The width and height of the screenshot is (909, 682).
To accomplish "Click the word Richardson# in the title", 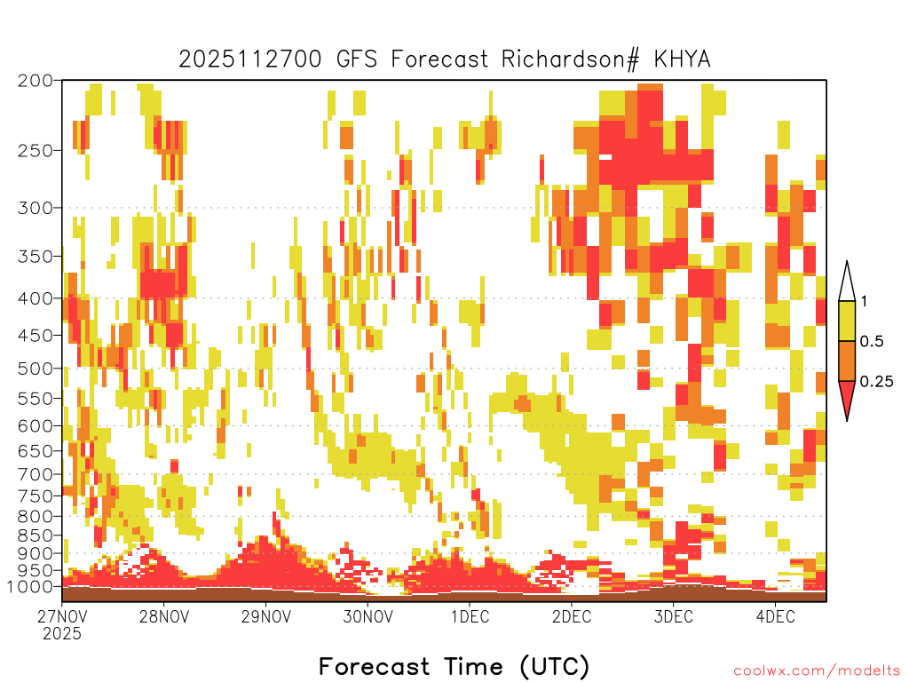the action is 571,59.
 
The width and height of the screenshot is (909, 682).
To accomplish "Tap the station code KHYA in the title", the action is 682,59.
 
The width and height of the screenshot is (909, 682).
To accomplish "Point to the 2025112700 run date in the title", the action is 249,59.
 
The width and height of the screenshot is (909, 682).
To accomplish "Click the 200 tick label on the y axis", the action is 35,81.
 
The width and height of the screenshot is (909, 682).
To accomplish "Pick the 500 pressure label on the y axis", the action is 35,369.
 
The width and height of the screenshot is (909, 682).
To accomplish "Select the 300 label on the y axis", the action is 35,208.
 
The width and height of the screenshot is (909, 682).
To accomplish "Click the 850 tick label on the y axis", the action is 35,535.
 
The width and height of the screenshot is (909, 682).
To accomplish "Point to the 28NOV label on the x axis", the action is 164,616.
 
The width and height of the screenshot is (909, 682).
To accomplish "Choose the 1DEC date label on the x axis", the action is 470,616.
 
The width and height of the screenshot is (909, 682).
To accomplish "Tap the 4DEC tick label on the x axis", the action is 775,616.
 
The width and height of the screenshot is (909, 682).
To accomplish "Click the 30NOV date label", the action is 368,616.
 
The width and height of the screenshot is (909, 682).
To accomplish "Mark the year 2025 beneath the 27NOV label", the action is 62,634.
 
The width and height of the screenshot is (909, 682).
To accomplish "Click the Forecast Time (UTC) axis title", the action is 454,667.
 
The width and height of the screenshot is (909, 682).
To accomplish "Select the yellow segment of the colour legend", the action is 847,321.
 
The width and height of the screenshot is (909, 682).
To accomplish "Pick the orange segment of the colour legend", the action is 847,361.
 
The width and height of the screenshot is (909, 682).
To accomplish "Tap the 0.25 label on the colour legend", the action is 876,382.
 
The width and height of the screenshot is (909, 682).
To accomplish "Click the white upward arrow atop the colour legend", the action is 847,282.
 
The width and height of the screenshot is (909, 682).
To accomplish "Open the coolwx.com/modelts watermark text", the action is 818,671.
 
